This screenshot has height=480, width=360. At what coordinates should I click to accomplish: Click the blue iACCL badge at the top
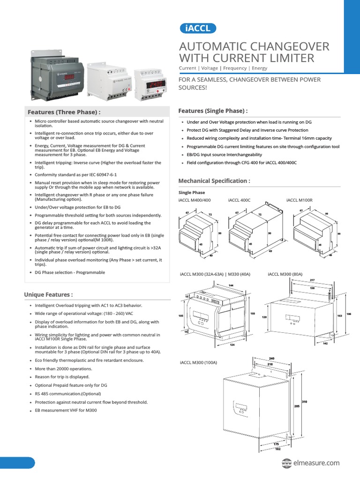coord(198,28)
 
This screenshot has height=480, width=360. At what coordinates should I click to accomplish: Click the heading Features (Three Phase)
coord(64,112)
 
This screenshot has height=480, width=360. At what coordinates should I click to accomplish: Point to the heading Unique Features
coord(48,294)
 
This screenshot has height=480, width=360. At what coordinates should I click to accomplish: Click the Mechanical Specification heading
coord(214,180)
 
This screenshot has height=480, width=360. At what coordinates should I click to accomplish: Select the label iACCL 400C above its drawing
coord(240,200)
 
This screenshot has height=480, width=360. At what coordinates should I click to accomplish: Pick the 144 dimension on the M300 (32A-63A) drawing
coord(231,285)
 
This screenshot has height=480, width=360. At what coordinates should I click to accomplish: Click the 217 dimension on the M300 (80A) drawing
coord(312,280)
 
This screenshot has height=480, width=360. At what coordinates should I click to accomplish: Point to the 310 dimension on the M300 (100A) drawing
coord(305,402)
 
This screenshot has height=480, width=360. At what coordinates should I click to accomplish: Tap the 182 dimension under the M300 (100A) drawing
coord(277,449)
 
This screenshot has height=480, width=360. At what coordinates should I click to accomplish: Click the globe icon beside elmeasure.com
coord(286,463)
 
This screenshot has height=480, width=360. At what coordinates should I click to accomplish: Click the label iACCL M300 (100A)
coord(198,362)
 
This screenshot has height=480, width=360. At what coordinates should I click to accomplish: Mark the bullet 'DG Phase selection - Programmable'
coord(70,272)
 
